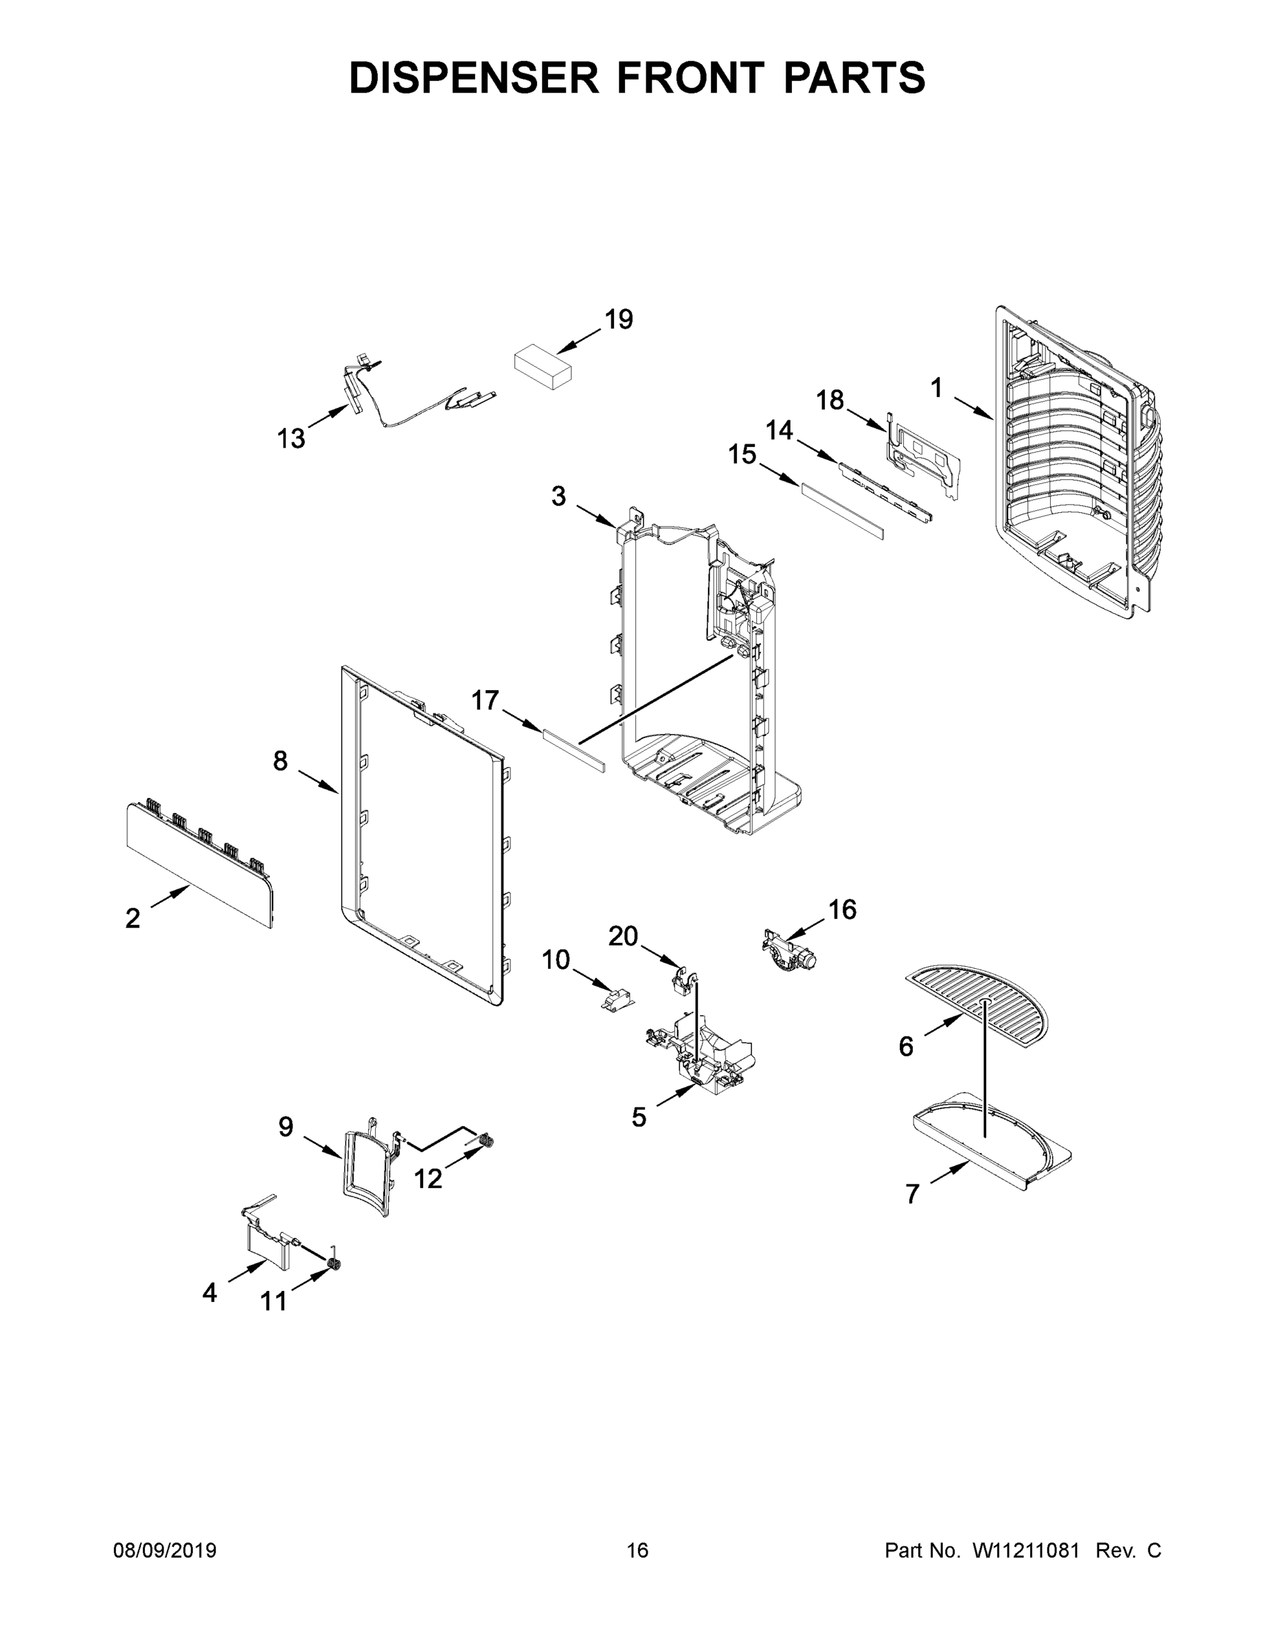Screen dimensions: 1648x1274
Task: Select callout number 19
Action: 619,319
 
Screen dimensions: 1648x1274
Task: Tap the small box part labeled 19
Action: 542,367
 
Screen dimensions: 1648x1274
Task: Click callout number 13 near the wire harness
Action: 291,437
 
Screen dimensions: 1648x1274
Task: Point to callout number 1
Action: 936,388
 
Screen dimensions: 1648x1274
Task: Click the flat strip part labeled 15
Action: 841,511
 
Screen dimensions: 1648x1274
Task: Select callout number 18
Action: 830,400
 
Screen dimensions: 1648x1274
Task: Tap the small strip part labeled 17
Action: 573,751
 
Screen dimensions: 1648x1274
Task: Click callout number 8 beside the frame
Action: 280,761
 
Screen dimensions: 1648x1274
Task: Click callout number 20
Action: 624,937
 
